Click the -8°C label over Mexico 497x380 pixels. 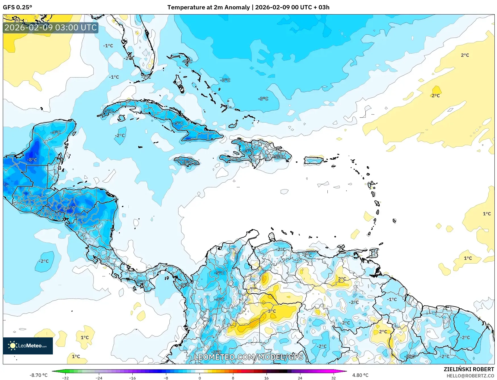32,160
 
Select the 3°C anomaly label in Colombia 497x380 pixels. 272,311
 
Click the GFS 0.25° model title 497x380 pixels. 18,7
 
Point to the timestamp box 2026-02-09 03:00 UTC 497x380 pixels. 51,28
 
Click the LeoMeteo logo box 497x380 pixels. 28,346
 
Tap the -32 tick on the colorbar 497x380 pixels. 65,378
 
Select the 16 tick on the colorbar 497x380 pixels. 266,378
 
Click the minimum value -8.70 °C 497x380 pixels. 38,375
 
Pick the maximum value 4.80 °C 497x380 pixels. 360,375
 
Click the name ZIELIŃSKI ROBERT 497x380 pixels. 469,369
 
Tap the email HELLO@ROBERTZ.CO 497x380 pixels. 470,376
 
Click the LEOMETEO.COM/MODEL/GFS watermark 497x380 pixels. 248,357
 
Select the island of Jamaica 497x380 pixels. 187,162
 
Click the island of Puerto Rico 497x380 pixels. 314,160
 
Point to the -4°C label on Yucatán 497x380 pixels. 56,133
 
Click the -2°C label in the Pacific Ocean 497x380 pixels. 44,261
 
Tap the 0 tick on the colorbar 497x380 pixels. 200,378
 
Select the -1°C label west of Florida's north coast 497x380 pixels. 108,46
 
